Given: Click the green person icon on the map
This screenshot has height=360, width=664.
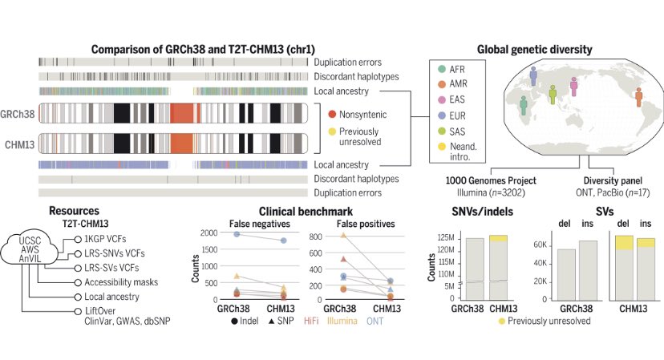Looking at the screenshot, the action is pos(553,94).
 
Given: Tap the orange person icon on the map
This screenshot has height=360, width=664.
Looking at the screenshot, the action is pos(638,97).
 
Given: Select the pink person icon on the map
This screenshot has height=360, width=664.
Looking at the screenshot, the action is pos(574,87).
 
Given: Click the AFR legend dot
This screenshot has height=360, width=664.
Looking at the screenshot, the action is pos(442,69).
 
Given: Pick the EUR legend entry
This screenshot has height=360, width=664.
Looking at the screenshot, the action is pos(451,115).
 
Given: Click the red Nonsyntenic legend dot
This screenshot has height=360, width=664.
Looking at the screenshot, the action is pos(332,115).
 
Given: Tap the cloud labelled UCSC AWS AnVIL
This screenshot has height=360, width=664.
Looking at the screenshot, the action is pos(30,250).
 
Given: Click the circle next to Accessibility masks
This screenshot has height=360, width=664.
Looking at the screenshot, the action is pos(78,282).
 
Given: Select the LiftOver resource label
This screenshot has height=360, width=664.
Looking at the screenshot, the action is pos(100,311).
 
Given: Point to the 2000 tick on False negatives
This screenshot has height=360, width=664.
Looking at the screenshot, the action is pos(209,233).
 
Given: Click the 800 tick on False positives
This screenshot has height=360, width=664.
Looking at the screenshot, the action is pos(315,237).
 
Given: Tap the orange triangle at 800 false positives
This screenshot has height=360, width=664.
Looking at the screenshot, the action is pos(343,235).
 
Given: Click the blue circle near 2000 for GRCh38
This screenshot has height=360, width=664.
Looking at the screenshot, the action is pos(237,234).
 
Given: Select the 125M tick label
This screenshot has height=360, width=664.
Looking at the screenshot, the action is pos(446,238).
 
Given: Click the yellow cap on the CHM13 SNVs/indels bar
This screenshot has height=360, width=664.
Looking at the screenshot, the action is pos(499,238).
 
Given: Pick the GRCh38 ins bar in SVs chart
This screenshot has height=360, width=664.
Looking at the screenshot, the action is pos(588,270).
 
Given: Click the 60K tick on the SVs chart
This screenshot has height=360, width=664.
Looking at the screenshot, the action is pos(540,245).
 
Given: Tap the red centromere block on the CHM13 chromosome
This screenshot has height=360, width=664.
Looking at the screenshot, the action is pos(182,144).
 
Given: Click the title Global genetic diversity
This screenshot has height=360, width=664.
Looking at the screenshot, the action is pos(534,50).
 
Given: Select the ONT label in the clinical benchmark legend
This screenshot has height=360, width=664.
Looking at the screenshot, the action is pos(375,321).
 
